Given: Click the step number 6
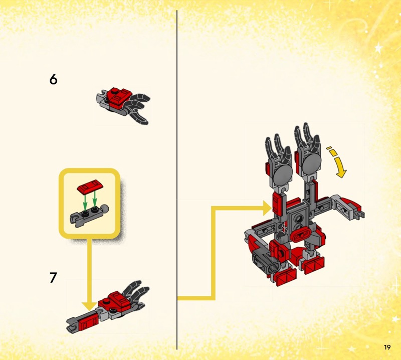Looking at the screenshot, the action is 53,79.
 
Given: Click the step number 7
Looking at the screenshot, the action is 53,278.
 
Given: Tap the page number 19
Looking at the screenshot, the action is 387,347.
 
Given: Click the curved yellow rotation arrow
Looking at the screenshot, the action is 337,162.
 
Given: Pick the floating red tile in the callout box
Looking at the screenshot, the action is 90,186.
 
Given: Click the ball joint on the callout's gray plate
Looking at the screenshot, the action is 105,209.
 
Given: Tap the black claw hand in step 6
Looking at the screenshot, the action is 137,107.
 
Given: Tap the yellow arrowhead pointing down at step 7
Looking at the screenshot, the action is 89,306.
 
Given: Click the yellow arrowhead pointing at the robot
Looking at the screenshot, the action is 268,208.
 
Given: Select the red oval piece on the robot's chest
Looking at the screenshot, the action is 302,234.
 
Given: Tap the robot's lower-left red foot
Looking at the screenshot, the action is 286,277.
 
